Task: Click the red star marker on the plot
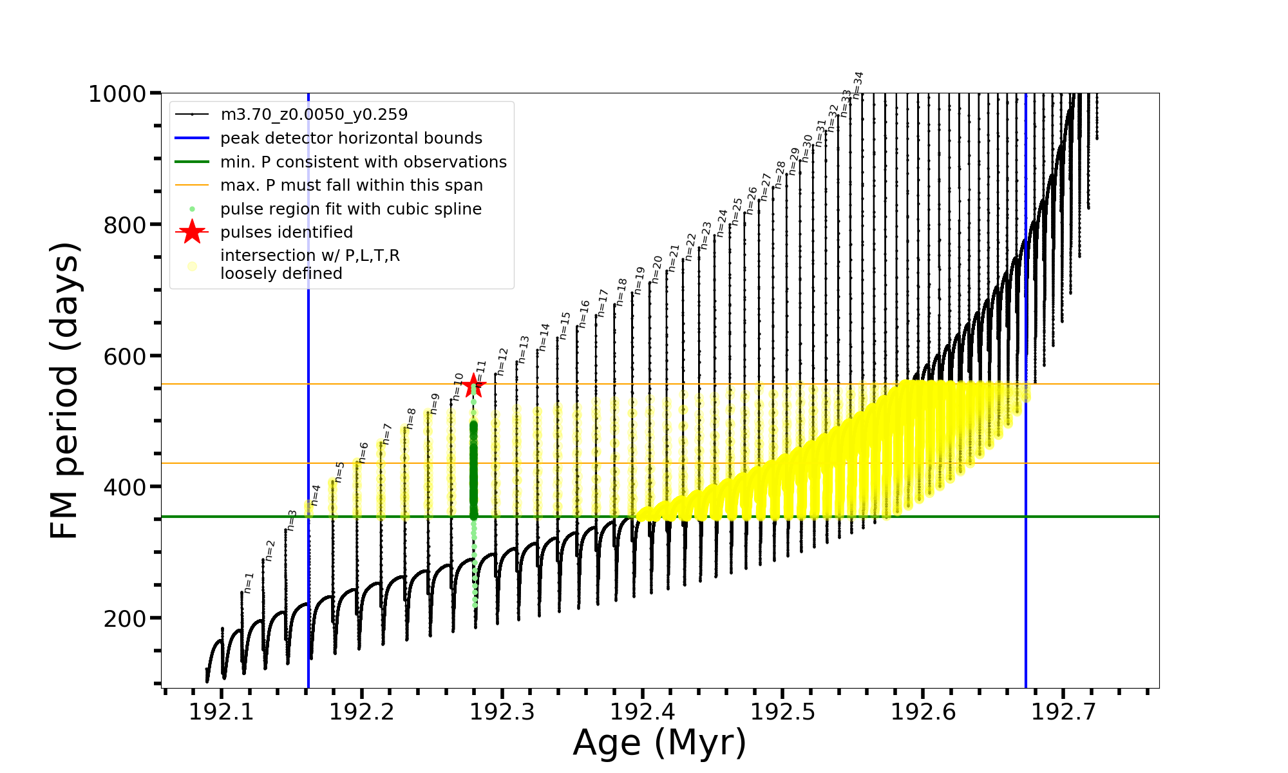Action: pos(474,386)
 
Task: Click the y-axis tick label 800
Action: pos(124,225)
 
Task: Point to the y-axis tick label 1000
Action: pos(117,95)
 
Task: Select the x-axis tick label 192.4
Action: pos(642,711)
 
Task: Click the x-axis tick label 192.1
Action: pos(222,711)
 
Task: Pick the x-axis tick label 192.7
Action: pos(1063,711)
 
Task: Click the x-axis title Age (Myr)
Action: pos(659,743)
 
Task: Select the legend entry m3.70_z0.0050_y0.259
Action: pos(314,115)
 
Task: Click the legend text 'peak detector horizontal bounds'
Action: pos(351,138)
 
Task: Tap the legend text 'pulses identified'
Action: pos(287,233)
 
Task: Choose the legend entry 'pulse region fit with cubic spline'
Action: pos(351,209)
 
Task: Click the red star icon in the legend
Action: pos(192,233)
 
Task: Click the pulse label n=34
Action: pos(858,85)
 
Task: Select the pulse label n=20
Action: pos(657,269)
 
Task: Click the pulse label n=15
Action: pos(565,326)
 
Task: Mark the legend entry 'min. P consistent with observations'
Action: pos(363,162)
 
